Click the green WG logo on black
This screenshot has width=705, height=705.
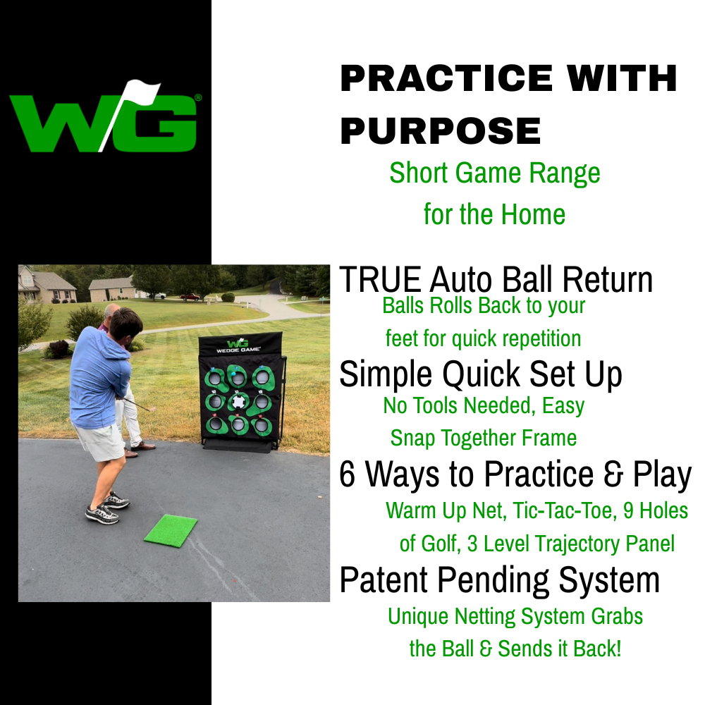point(104,117)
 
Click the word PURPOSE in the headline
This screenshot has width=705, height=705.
point(441,131)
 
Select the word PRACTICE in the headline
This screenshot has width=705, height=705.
point(446,78)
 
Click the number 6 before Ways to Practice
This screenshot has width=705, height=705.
point(347,474)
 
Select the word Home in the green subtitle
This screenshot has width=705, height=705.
point(533,214)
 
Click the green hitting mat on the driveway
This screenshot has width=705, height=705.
point(171,531)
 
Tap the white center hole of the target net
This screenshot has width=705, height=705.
point(238,402)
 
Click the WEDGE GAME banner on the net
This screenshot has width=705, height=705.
point(238,347)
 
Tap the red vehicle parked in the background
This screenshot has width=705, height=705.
point(190,297)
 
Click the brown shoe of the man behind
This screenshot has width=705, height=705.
point(143,446)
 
